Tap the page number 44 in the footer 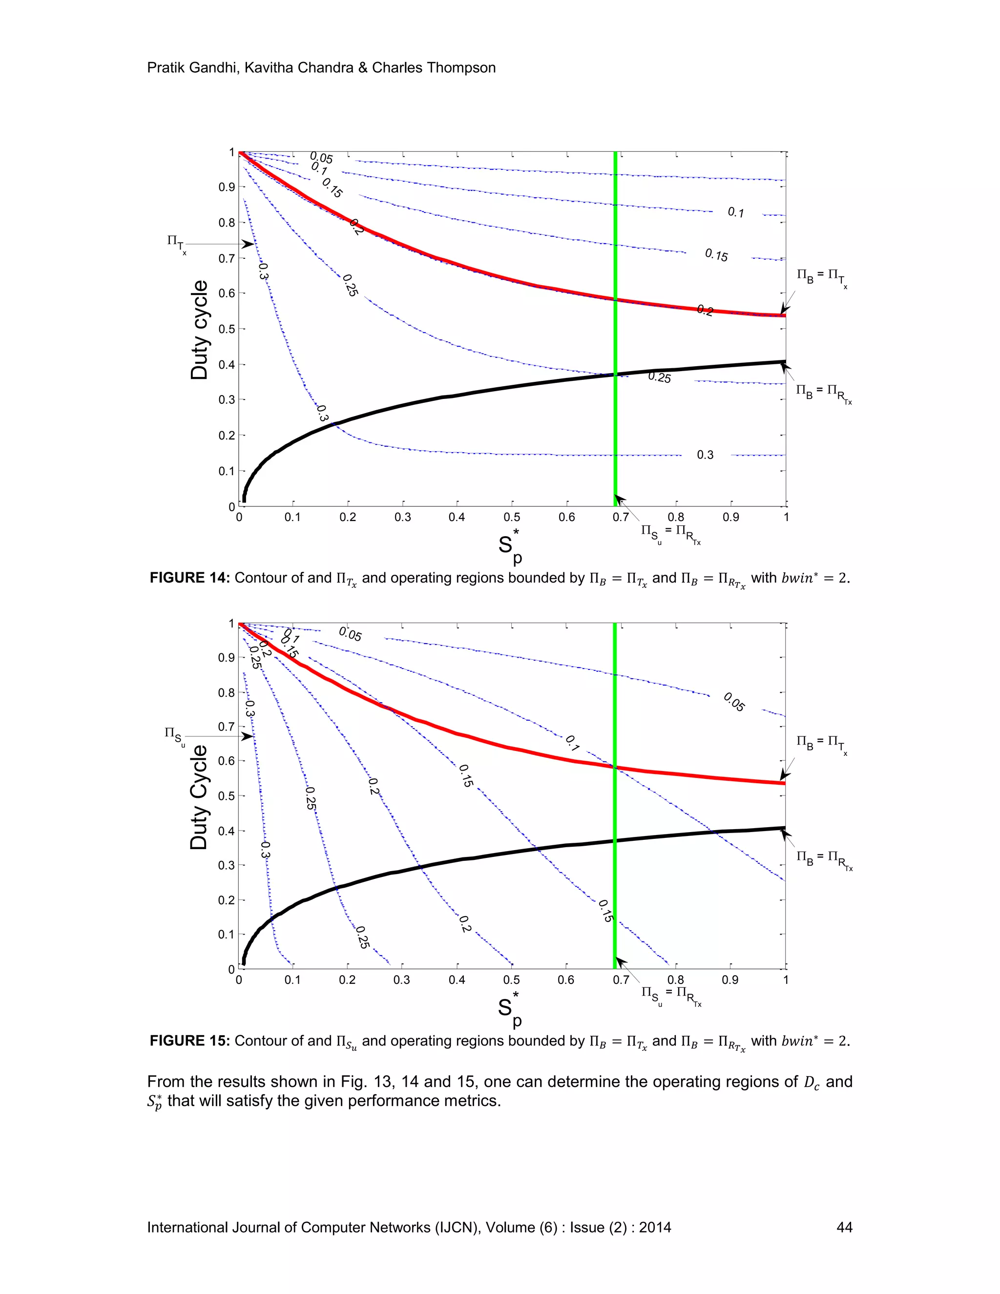pyautogui.click(x=844, y=1227)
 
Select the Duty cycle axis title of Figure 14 pyautogui.click(x=200, y=330)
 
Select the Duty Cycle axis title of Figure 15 pyautogui.click(x=200, y=797)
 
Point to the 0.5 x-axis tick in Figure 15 pyautogui.click(x=511, y=980)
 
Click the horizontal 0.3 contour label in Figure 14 pyautogui.click(x=705, y=455)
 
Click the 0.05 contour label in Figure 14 pyautogui.click(x=322, y=158)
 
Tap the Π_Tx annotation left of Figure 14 pyautogui.click(x=176, y=243)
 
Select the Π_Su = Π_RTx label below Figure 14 pyautogui.click(x=670, y=534)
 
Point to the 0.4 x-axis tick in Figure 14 pyautogui.click(x=457, y=517)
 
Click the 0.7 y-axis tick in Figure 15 pyautogui.click(x=228, y=727)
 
